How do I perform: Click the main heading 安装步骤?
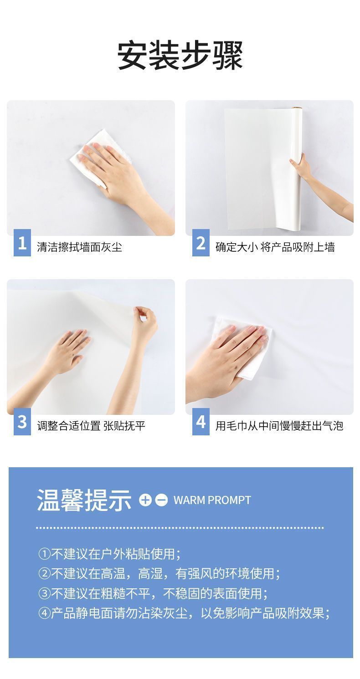(x=180, y=56)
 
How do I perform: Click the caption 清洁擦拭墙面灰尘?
(x=79, y=247)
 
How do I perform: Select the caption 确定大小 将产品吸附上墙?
(x=275, y=247)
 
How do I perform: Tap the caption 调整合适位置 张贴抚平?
(x=91, y=426)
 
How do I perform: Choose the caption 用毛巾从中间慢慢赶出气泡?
(x=279, y=426)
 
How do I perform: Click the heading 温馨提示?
(x=84, y=500)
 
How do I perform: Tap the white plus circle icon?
(x=145, y=500)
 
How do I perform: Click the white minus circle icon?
(x=161, y=500)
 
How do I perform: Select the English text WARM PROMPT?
(x=212, y=500)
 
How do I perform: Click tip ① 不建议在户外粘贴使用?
(x=109, y=554)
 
